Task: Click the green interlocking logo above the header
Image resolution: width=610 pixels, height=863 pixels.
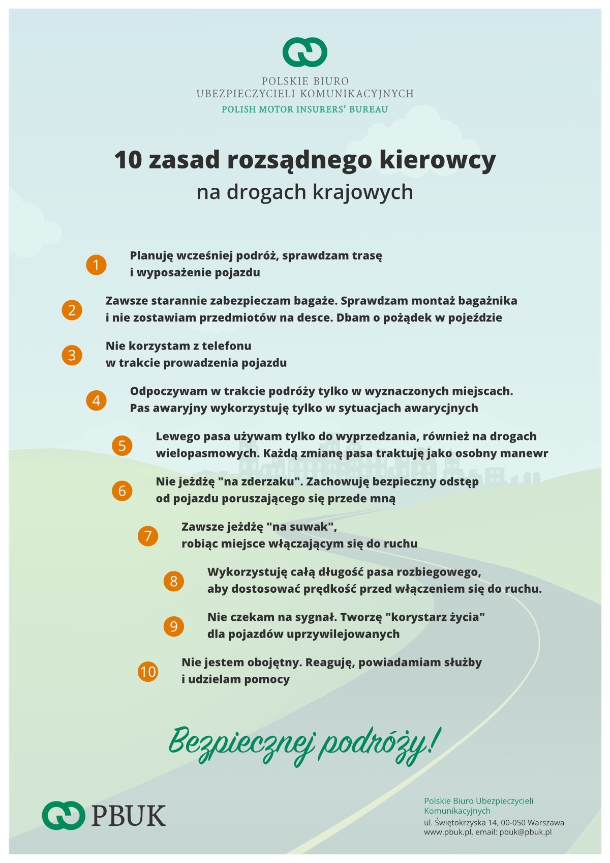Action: tap(305, 52)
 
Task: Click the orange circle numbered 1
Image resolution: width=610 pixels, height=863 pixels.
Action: tap(96, 265)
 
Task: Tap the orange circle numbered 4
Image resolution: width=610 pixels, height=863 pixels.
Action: tap(96, 400)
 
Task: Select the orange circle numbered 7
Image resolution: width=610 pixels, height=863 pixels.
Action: tap(148, 536)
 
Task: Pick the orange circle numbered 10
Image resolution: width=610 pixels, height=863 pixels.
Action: tap(148, 672)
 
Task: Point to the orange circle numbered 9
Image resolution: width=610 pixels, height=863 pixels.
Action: tap(174, 626)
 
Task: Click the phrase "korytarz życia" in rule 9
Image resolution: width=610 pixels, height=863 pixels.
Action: tap(435, 617)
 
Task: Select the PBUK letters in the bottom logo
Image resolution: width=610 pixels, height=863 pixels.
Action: tap(129, 816)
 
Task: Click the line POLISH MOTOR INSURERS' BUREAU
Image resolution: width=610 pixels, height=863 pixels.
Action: tap(304, 109)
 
